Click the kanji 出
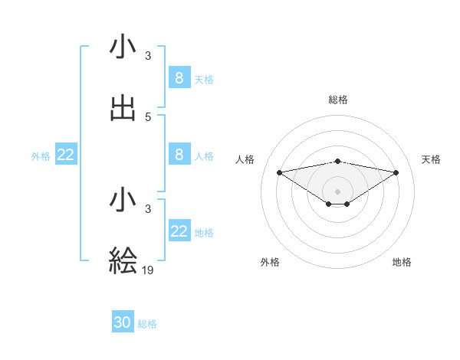click(123, 108)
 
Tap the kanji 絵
click(123, 260)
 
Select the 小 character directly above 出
click(123, 47)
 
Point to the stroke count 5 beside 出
click(148, 116)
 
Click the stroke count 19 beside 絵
click(149, 270)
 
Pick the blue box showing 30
click(123, 322)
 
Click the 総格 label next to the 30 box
click(147, 324)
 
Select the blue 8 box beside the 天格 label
click(179, 77)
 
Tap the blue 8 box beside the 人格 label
click(179, 154)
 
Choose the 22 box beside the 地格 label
click(179, 231)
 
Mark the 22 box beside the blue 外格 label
click(66, 155)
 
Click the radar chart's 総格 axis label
click(338, 100)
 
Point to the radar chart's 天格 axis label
click(431, 159)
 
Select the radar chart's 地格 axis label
click(402, 262)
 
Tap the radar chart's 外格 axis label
click(270, 262)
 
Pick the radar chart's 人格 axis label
click(245, 159)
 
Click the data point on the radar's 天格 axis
click(396, 172)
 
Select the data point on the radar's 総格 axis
click(338, 161)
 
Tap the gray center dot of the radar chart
click(338, 191)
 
